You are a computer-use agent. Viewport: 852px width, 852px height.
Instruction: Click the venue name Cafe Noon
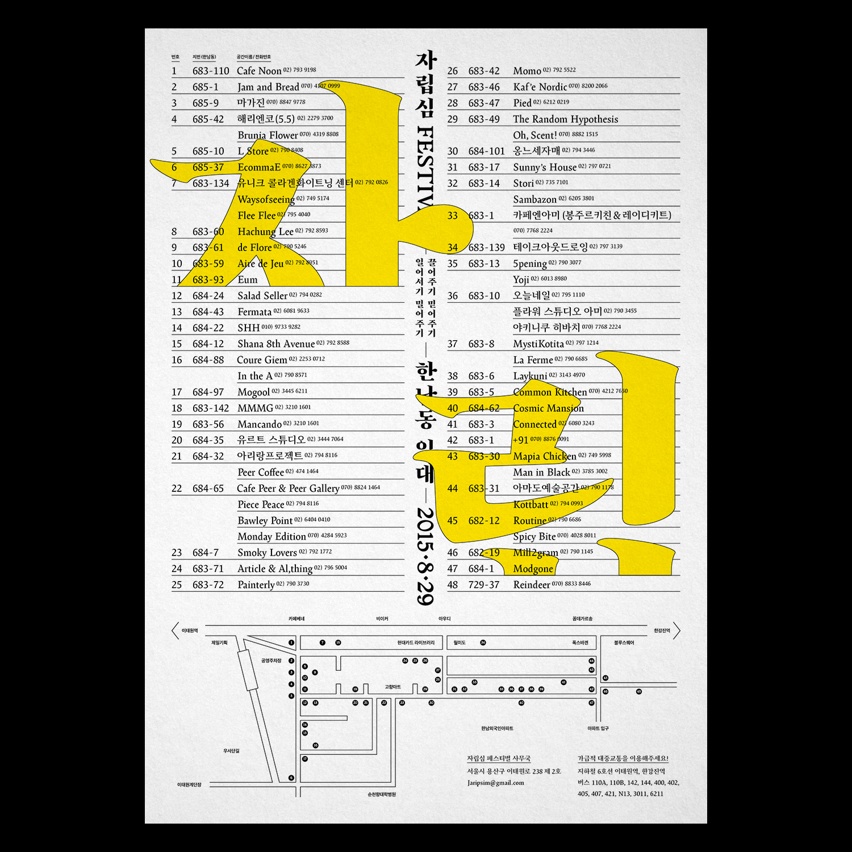pos(259,71)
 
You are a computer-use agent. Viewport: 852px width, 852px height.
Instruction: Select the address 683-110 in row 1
pos(211,71)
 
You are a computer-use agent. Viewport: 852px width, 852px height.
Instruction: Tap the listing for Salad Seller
pos(262,296)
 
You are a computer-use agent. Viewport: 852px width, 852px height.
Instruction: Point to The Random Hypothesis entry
pos(565,119)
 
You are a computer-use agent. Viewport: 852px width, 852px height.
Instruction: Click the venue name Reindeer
pos(532,585)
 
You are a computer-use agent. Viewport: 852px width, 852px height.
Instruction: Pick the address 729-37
pos(484,585)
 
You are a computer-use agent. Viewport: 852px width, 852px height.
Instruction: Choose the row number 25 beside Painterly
pos(177,585)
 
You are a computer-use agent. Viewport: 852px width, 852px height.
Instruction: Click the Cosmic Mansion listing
pos(548,408)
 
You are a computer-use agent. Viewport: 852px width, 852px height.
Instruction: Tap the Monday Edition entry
pos(272,537)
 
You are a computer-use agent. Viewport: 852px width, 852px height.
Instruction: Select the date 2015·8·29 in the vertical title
pos(425,557)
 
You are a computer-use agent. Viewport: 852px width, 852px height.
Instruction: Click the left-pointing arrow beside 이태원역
pos(175,631)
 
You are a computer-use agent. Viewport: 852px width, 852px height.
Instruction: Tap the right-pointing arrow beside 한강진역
pos(676,631)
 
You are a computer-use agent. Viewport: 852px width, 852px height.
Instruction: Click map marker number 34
pos(483,643)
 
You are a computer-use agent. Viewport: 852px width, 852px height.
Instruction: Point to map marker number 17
pos(305,759)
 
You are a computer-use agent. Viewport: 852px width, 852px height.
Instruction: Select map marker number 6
pos(291,778)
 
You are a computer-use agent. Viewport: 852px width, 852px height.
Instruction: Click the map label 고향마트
pos(392,687)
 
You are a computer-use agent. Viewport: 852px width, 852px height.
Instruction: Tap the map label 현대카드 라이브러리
pos(416,643)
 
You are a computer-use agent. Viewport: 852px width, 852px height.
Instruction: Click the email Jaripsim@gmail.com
pos(496,783)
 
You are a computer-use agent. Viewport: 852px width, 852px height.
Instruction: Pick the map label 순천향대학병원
pos(382,795)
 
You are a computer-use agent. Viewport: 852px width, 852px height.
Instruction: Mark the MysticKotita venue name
pos(538,344)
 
